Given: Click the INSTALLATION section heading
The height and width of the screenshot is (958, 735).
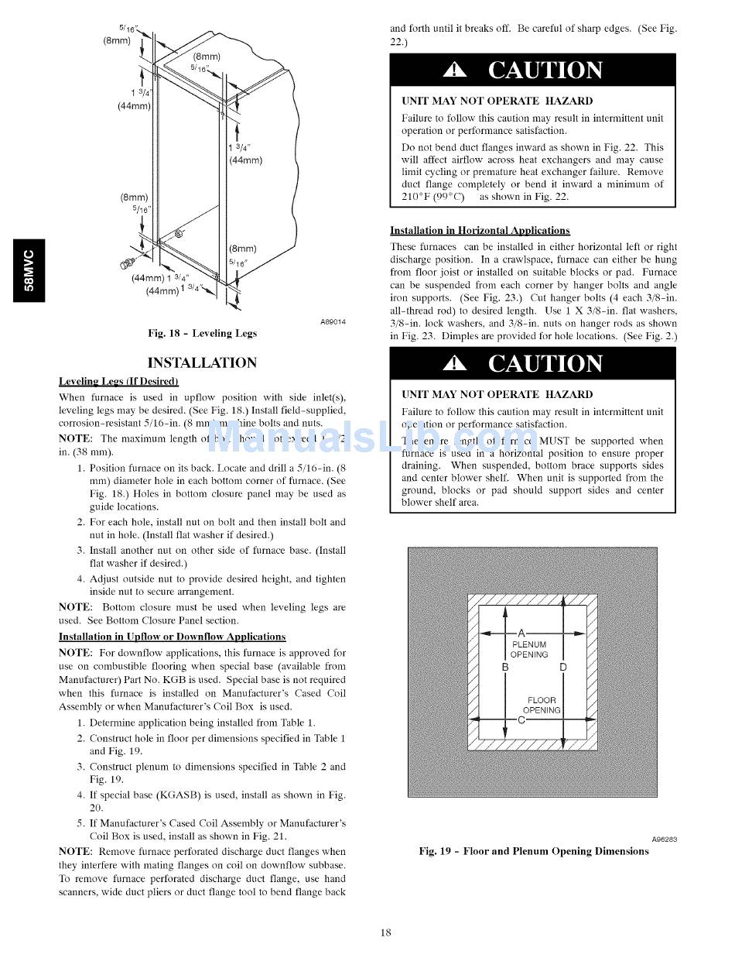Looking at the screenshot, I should coord(202,362).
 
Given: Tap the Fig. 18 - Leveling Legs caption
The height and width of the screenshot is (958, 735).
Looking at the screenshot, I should coord(202,333).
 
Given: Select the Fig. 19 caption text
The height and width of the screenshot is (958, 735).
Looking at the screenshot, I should coord(534,851).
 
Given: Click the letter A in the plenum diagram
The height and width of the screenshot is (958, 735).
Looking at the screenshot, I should coord(521,632).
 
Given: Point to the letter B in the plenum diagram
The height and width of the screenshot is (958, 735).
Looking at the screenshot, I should coord(505,667).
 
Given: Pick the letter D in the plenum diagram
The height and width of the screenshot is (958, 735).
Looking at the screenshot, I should coord(562,667).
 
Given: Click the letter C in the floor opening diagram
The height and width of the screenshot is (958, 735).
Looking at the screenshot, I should coord(521,719).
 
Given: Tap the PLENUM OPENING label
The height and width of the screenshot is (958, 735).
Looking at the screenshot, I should coord(529,650).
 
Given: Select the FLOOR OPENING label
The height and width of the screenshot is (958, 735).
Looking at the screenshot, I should coord(542,705).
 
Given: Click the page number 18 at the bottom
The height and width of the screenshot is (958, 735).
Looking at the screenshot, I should coord(385,932).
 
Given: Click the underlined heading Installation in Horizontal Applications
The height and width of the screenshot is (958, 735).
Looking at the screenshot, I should coord(480,231).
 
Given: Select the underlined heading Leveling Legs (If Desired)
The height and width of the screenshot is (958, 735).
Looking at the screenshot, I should coord(118,381).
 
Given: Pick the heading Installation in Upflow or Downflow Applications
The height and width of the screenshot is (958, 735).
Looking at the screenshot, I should coord(172,637).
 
